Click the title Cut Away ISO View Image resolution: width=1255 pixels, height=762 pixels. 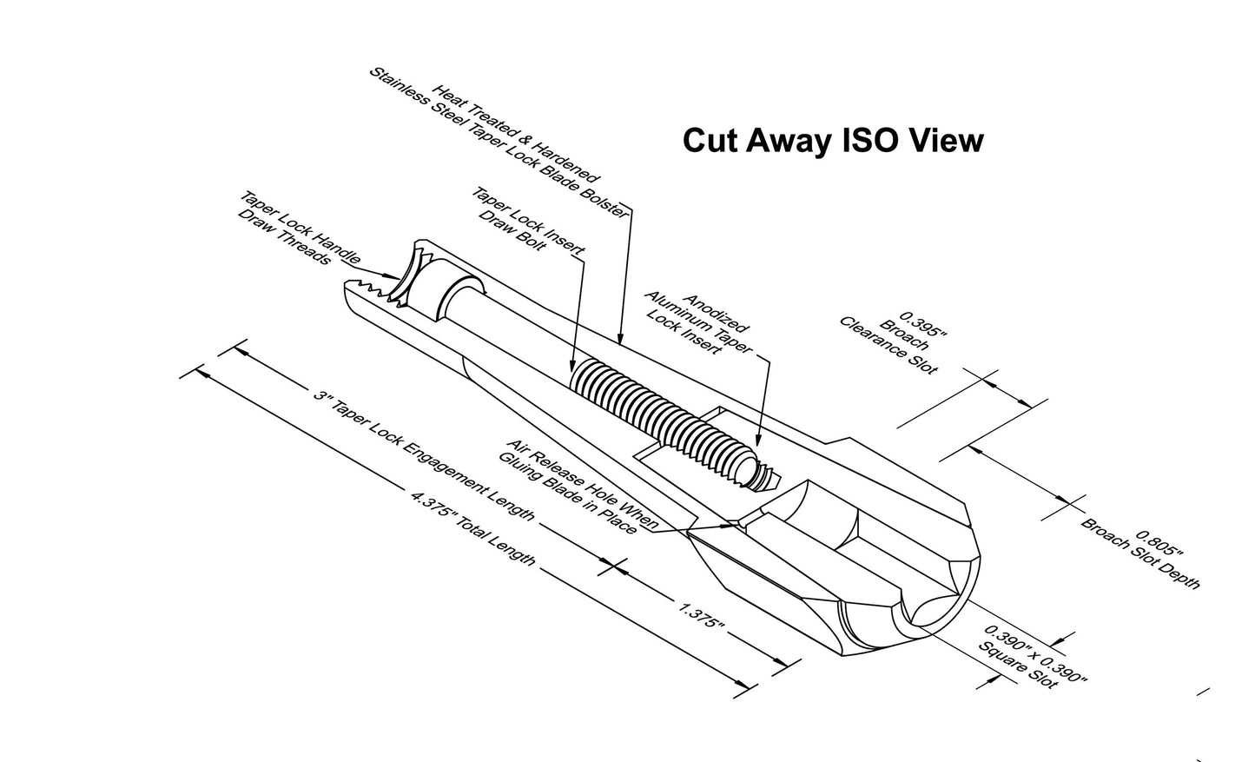(x=833, y=140)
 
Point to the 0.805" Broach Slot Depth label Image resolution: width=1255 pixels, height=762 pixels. (x=1140, y=560)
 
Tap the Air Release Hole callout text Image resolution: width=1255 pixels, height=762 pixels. (x=577, y=487)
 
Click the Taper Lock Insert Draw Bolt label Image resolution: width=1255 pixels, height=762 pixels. (x=527, y=222)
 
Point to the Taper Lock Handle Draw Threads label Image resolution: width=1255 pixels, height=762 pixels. (x=299, y=229)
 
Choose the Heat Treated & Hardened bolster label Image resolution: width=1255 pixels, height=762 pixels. (x=499, y=142)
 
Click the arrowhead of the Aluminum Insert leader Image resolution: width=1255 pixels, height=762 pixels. (x=758, y=439)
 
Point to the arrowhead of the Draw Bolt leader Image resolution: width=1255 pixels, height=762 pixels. (x=572, y=365)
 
